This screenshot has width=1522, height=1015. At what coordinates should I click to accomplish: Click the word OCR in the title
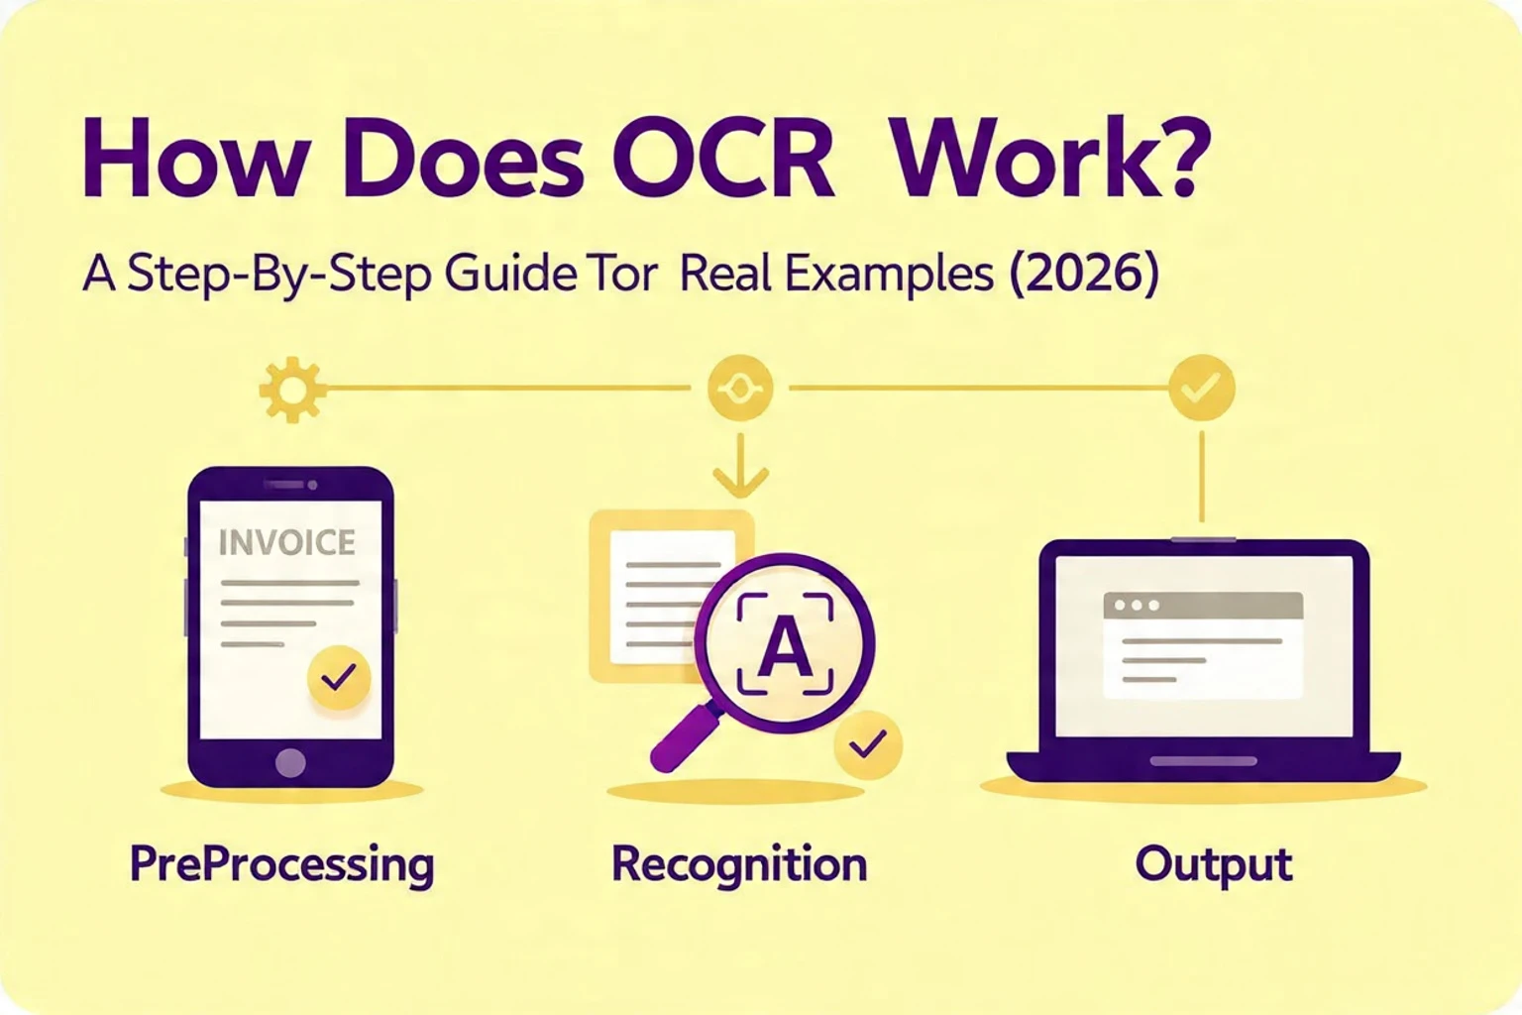click(x=731, y=164)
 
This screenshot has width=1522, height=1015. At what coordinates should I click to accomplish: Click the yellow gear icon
click(x=291, y=390)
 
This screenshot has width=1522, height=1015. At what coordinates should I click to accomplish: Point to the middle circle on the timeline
click(x=740, y=389)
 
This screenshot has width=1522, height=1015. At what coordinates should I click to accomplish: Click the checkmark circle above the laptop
click(x=1201, y=389)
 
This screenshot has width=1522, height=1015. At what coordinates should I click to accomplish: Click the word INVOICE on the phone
click(x=286, y=542)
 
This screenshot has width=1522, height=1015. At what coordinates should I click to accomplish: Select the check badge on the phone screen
click(x=339, y=678)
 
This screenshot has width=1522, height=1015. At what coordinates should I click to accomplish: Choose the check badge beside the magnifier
click(x=868, y=743)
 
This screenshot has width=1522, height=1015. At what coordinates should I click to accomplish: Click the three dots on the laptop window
click(x=1136, y=605)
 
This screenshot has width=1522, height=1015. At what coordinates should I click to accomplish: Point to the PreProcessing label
click(x=281, y=865)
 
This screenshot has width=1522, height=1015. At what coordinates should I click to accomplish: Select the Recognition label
click(x=739, y=865)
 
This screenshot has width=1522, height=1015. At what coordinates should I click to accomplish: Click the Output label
click(x=1213, y=865)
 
